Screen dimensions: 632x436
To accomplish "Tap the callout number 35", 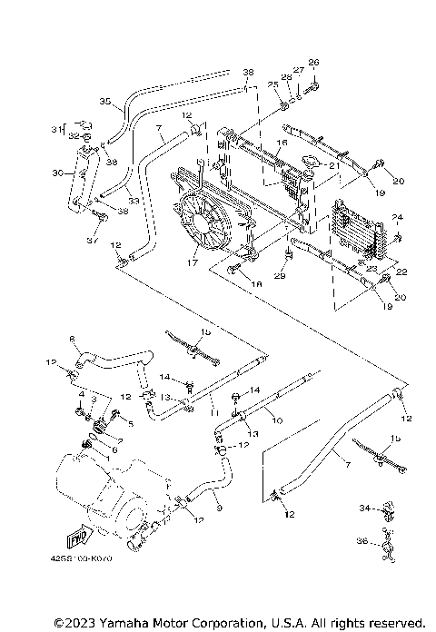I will [x=104, y=102].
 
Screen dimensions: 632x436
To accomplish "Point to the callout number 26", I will [x=314, y=63].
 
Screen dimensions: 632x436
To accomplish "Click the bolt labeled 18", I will [x=237, y=270].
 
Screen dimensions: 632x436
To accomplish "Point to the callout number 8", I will [x=72, y=340].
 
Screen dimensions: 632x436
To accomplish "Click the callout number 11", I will [x=214, y=413].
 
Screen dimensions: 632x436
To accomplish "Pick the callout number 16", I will [x=282, y=143].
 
